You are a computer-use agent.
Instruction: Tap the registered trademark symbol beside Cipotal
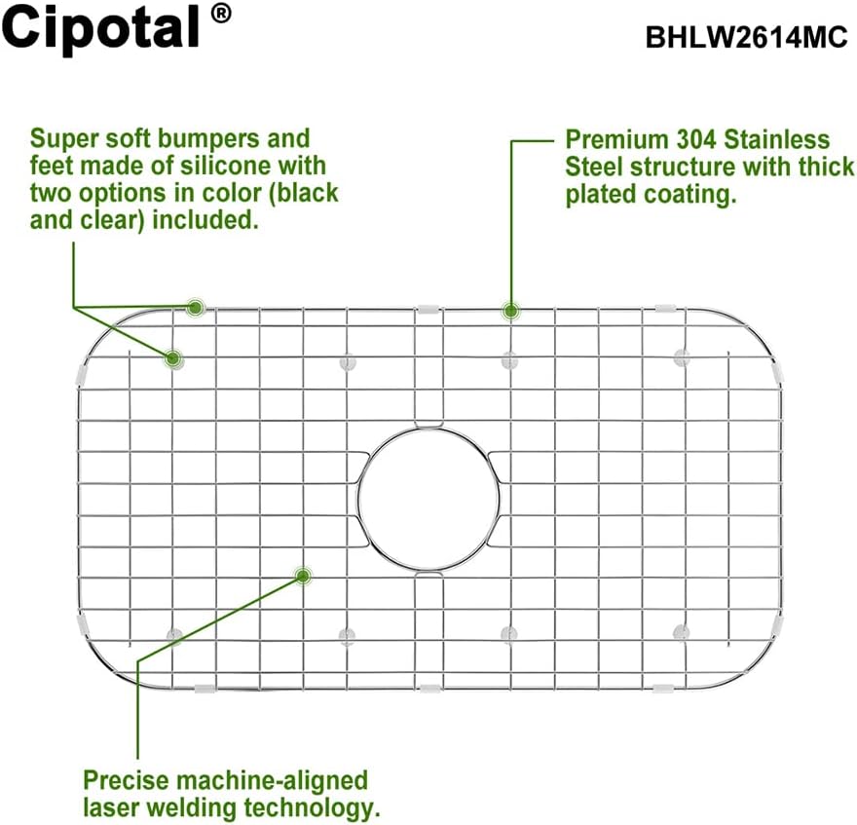[221, 15]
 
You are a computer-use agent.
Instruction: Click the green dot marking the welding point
[303, 576]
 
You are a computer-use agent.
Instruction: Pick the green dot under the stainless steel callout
[509, 312]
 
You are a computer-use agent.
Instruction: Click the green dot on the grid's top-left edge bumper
[195, 308]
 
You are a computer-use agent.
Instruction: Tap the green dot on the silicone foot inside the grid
[173, 358]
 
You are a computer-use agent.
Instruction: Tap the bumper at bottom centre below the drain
[428, 690]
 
